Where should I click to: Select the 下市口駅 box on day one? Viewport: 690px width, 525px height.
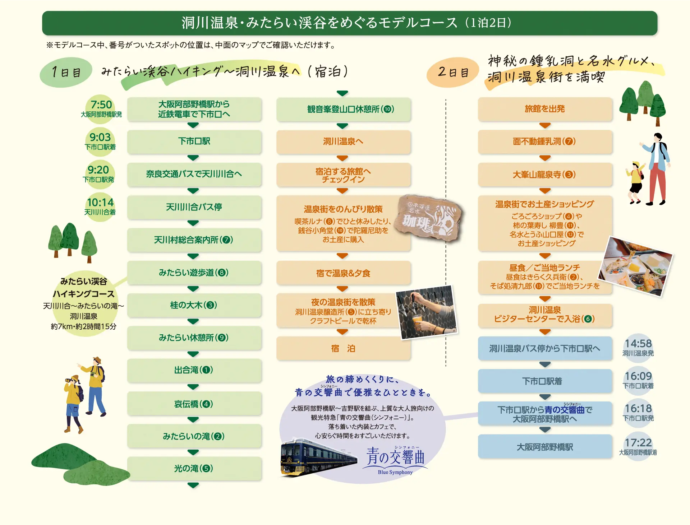coord(194,141)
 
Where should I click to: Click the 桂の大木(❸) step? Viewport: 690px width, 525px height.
coord(194,305)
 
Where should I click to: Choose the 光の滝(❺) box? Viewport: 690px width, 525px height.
coord(194,469)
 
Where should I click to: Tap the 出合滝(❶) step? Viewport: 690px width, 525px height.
coord(194,370)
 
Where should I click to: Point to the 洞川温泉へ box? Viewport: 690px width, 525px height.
coord(343,141)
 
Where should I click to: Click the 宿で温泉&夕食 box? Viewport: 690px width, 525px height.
coord(343,273)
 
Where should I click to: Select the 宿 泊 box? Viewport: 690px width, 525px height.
coord(343,348)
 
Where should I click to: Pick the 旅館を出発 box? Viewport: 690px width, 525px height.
coord(545,109)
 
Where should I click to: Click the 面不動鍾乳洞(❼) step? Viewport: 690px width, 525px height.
coord(545,141)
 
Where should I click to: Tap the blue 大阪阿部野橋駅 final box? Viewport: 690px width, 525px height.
coord(545,447)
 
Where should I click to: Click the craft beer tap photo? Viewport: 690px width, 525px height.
coord(427,312)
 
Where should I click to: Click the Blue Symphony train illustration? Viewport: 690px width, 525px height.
coord(318,458)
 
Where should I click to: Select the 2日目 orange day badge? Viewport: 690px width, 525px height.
coord(453,72)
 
